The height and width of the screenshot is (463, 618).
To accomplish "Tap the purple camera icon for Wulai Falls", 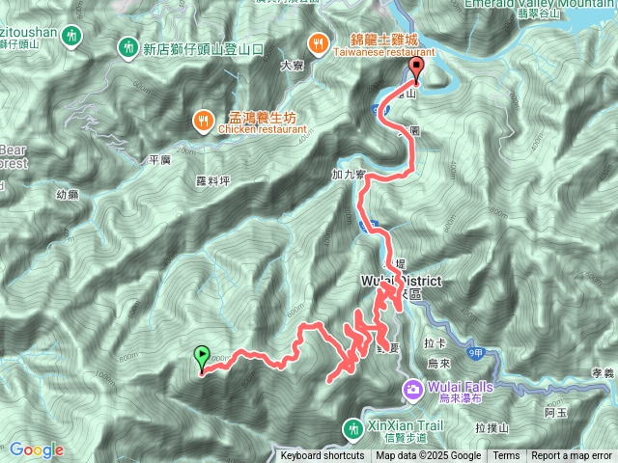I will coord(413,389).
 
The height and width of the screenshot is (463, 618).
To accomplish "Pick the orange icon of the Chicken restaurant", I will coord(202,120).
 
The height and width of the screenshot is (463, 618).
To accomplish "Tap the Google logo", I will coord(37,449).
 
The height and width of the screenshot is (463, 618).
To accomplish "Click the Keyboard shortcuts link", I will coord(323,456).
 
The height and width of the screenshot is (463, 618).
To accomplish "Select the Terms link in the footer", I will coord(506,456).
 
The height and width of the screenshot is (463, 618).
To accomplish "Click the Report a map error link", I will coord(572,456).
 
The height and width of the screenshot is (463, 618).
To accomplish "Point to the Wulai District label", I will coord(400,281).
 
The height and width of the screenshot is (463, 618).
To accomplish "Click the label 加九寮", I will coord(345,177).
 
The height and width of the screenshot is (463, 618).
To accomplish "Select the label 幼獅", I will coord(67,194).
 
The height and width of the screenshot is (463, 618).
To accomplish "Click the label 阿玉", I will coord(554,412).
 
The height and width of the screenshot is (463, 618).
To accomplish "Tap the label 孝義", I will coord(602,373).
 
